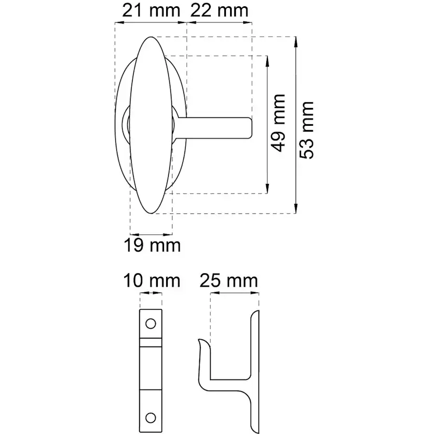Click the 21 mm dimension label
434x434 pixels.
pos(151,11)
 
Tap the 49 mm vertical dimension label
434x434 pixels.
pos(278,123)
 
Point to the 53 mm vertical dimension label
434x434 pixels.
pos(307,130)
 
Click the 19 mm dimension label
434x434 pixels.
pos(152,245)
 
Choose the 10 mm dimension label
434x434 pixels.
pos(151,280)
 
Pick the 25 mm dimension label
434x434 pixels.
pos(229,280)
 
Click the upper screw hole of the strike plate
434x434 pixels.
pos(150,323)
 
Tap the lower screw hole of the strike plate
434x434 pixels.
pos(150,418)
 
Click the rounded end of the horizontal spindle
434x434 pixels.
pos(250,128)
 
